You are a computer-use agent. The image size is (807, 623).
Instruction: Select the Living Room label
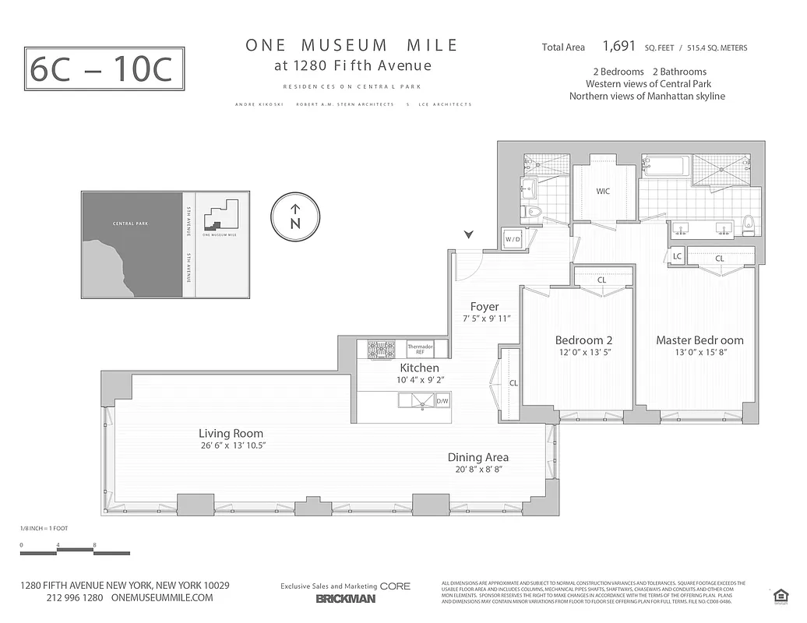coord(231,434)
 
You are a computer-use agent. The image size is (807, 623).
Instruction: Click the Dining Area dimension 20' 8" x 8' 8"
coord(478,470)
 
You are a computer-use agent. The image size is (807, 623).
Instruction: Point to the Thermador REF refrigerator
coord(421,348)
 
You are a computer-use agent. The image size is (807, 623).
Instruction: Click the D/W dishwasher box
coord(442,402)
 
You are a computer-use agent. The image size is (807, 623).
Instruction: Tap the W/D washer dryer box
coord(513,239)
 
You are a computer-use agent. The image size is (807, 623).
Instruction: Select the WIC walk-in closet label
coord(603,192)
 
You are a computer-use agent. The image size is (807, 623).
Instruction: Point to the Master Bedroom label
coord(700,340)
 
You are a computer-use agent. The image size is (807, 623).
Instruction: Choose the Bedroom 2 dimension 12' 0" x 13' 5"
coord(583,353)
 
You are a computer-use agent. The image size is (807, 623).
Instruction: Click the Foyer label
coord(485,307)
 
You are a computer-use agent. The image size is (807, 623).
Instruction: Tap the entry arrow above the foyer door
coord(468,234)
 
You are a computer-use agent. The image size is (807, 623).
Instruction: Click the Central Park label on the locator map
coord(130,224)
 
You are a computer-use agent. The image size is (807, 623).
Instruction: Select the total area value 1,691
coord(619,47)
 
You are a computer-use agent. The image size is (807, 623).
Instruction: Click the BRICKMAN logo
coord(345,599)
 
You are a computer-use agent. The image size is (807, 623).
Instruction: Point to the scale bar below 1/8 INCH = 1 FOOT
coord(58,553)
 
